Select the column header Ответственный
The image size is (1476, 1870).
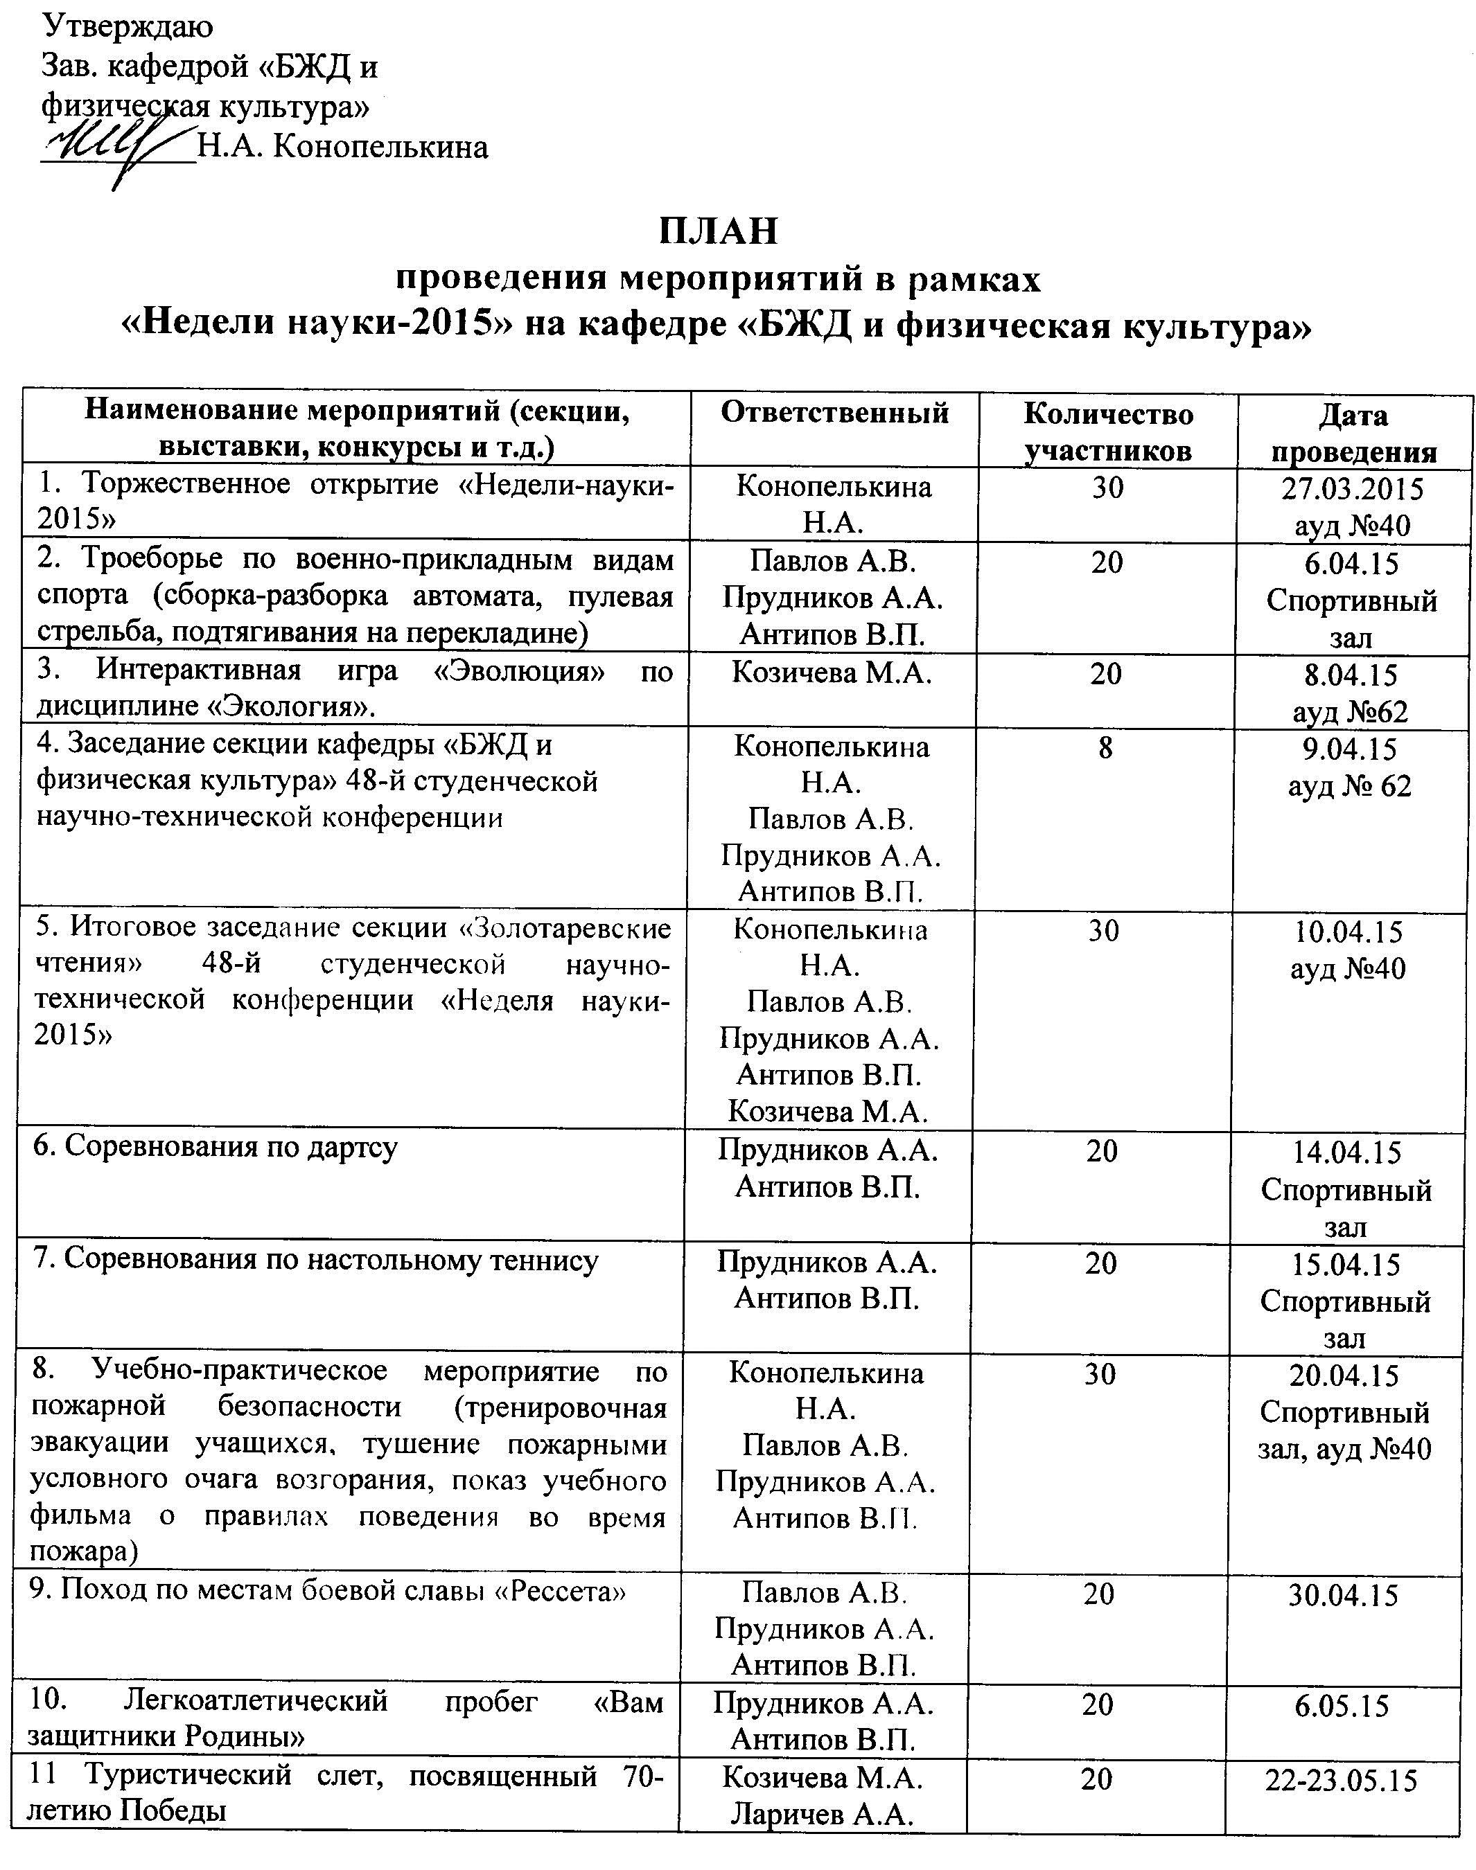click(835, 413)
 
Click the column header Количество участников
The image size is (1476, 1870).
click(1108, 432)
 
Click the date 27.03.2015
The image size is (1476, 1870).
click(1353, 489)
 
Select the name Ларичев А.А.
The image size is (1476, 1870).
click(823, 1815)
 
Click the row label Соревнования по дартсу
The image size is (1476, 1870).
click(216, 1147)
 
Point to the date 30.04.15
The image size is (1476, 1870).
click(1344, 1594)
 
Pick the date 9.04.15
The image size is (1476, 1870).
click(1350, 749)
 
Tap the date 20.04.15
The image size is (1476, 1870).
click(1344, 1375)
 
